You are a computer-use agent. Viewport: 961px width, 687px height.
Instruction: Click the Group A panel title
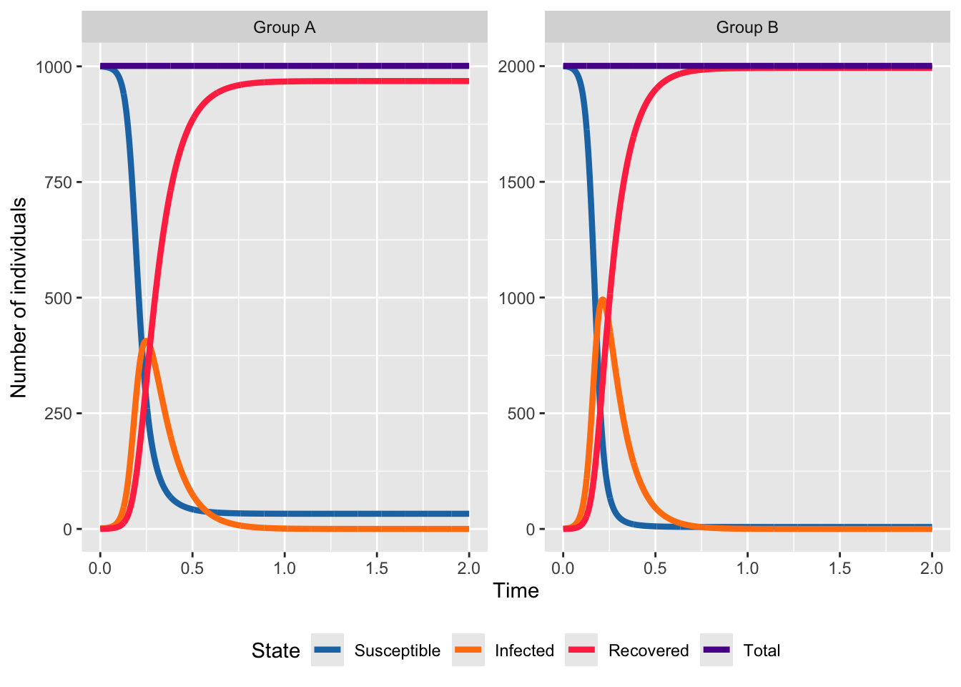[x=284, y=27]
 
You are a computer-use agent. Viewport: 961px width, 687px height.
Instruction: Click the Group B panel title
[x=747, y=27]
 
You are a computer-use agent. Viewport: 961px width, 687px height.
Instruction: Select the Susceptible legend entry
[x=397, y=651]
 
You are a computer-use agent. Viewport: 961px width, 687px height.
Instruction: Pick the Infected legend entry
[x=524, y=651]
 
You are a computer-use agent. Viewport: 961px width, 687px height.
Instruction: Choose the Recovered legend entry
[x=648, y=651]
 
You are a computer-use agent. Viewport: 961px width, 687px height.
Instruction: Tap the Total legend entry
[x=762, y=651]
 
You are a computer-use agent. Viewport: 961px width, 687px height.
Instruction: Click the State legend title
[x=275, y=651]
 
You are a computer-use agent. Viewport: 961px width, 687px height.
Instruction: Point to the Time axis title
[x=516, y=590]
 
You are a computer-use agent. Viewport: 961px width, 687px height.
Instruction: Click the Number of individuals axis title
[x=19, y=298]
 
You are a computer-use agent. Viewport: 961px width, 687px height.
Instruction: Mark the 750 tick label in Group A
[x=58, y=182]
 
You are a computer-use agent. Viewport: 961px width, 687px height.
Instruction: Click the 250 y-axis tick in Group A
[x=58, y=414]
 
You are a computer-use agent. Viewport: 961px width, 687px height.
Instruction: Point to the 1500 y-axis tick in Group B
[x=516, y=182]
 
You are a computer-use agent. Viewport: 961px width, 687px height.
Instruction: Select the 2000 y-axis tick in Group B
[x=516, y=67]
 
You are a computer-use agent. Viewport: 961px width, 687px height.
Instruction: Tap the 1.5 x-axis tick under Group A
[x=377, y=568]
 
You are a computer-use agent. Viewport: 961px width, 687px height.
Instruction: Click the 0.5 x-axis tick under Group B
[x=655, y=568]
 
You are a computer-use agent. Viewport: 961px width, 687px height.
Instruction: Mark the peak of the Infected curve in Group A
[x=146, y=341]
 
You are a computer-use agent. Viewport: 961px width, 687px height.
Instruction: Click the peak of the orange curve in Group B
[x=603, y=299]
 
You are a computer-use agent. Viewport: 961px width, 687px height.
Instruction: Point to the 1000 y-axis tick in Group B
[x=516, y=298]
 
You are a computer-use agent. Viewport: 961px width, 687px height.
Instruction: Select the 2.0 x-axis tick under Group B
[x=932, y=568]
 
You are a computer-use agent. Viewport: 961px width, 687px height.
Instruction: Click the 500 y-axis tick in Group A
[x=58, y=298]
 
